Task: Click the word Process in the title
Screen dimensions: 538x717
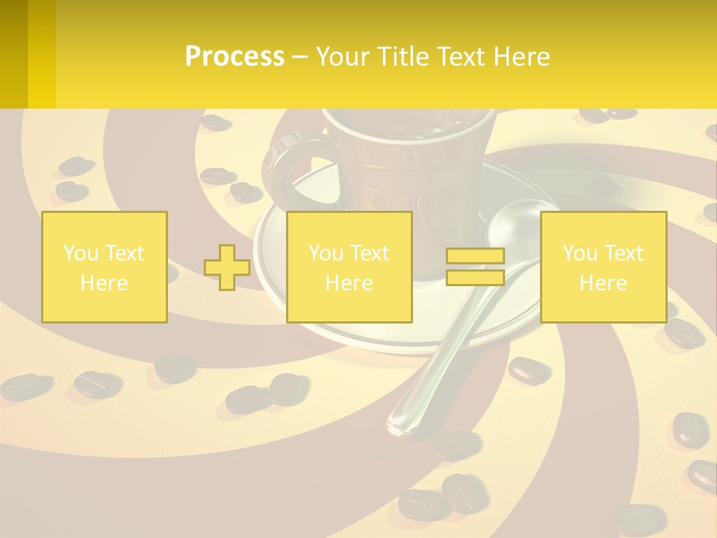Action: pyautogui.click(x=235, y=57)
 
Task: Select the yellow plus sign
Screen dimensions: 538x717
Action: pyautogui.click(x=227, y=268)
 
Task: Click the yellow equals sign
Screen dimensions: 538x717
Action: pyautogui.click(x=475, y=267)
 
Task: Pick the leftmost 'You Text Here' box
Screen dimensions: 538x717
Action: pyautogui.click(x=105, y=267)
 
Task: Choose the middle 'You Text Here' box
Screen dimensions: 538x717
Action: pyautogui.click(x=349, y=267)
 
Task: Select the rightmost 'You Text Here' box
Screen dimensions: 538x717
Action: pyautogui.click(x=603, y=267)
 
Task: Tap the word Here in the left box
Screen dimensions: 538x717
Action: pyautogui.click(x=105, y=283)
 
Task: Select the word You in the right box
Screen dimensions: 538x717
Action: pyautogui.click(x=579, y=253)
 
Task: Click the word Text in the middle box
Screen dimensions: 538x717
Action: pyautogui.click(x=370, y=253)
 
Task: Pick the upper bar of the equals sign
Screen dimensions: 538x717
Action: pyautogui.click(x=475, y=256)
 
